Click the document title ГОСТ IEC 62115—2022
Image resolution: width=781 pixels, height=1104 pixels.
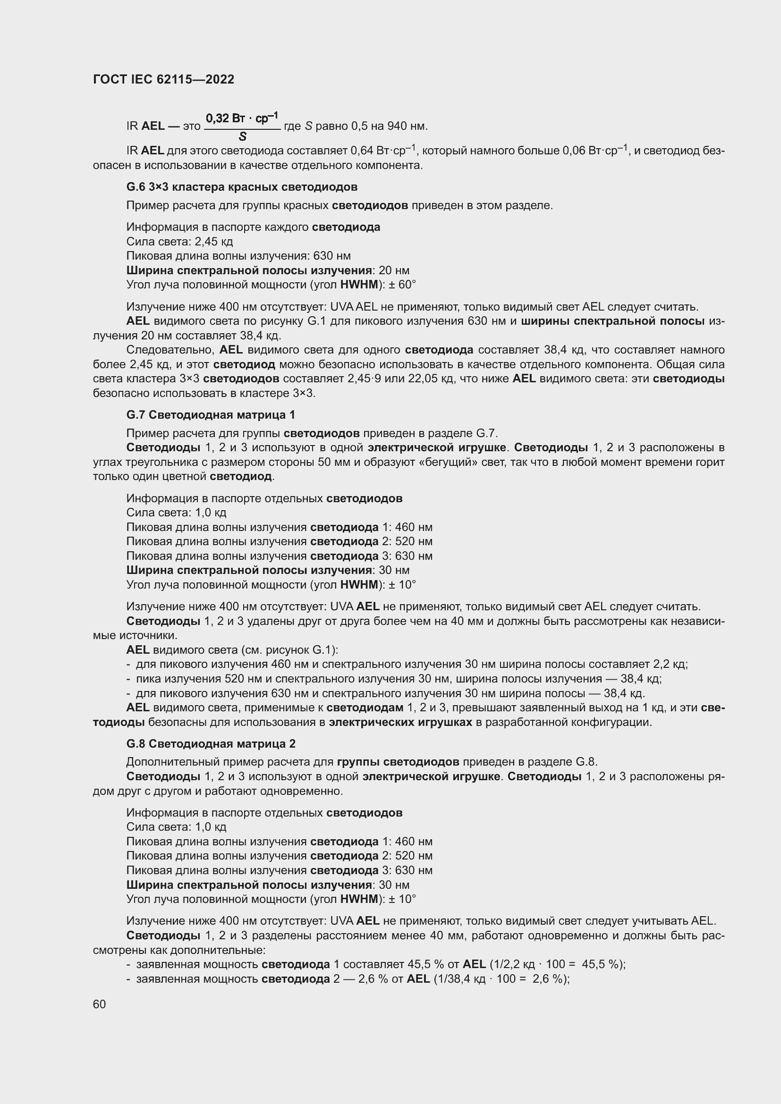click(163, 79)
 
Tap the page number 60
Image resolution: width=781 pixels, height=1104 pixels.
click(100, 1004)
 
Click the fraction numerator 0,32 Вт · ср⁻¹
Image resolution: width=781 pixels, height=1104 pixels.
click(242, 118)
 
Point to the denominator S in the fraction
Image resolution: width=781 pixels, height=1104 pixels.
click(242, 137)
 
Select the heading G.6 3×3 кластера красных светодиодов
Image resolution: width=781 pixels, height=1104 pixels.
click(241, 186)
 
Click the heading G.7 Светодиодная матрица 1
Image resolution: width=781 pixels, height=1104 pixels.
click(211, 414)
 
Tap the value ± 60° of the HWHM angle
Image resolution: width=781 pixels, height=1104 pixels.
click(402, 285)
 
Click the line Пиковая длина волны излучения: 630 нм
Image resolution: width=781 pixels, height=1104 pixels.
click(238, 256)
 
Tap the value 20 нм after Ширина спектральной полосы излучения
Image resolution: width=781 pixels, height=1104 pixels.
click(394, 270)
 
